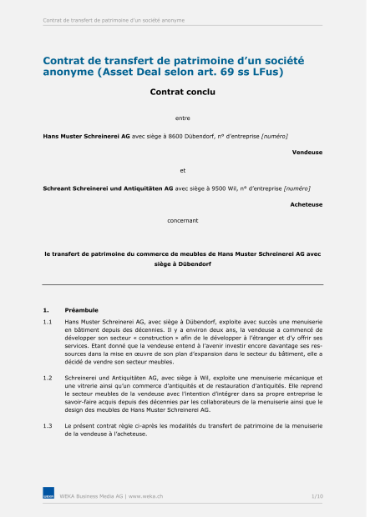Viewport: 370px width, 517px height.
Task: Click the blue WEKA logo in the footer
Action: tap(48, 496)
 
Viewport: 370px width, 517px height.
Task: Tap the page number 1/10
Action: tap(317, 496)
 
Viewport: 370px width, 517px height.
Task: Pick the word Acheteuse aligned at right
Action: tap(307, 204)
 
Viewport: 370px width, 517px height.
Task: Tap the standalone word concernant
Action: tap(182, 221)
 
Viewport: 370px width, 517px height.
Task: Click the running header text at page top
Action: tap(114, 20)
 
